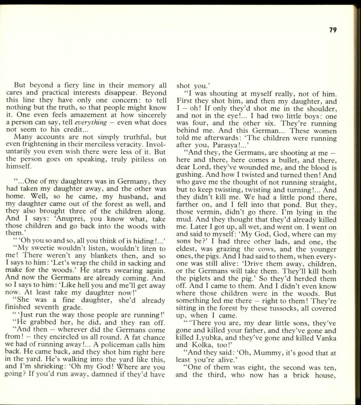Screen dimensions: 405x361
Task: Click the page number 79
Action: (x=332, y=30)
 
